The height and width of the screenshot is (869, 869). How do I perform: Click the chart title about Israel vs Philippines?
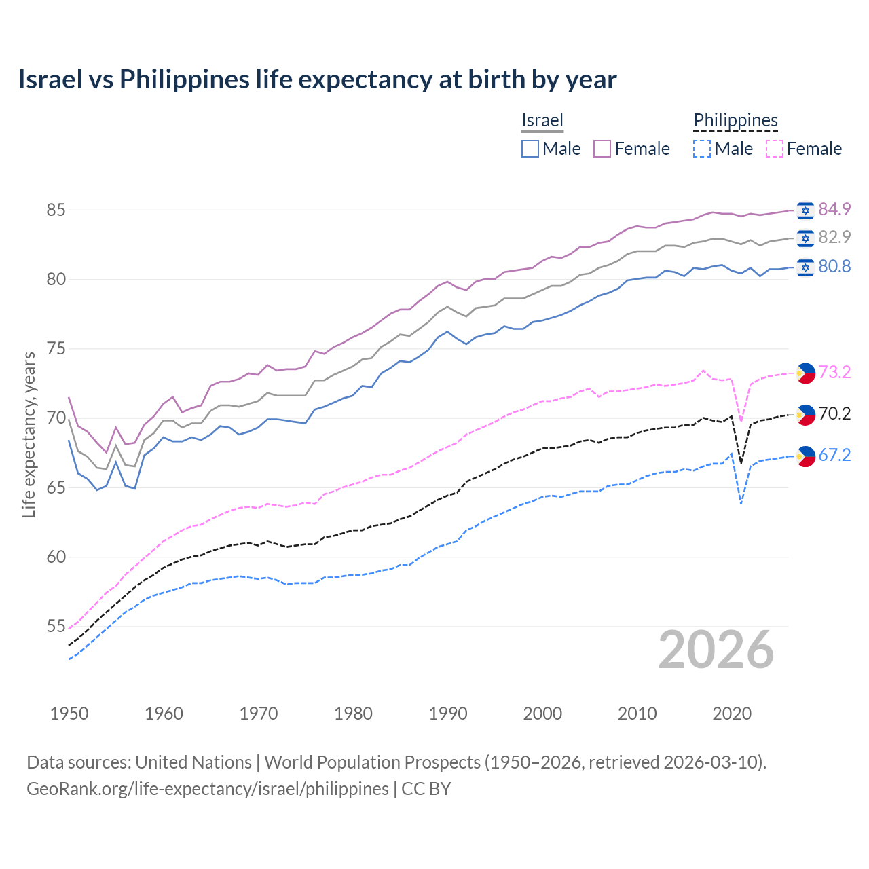pos(317,79)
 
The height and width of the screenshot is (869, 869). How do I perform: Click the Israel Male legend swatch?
pos(530,149)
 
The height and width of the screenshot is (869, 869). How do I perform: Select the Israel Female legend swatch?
pos(602,149)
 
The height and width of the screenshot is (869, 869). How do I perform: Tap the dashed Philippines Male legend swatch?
pos(702,149)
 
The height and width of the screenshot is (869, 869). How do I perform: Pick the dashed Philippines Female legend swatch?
pos(774,149)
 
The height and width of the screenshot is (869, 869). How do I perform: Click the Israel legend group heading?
pos(542,120)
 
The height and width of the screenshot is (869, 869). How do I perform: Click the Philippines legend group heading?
pos(735,120)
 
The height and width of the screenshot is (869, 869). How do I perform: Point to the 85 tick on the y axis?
pos(56,210)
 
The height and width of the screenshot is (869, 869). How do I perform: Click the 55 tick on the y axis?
pos(56,626)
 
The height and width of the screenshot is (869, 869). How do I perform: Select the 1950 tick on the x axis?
pos(69,714)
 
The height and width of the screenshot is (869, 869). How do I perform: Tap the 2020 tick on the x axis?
pos(732,714)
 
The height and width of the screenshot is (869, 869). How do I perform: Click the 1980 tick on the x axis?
pos(353,714)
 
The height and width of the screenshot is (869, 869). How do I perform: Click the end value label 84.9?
pos(834,209)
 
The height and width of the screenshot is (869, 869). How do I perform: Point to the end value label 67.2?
pos(834,455)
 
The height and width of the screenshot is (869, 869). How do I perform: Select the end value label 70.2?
pos(834,413)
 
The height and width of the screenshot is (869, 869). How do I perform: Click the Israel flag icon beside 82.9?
pos(805,238)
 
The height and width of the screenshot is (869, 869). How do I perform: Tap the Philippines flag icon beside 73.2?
pos(805,372)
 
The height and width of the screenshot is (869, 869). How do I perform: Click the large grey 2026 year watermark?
pos(716,650)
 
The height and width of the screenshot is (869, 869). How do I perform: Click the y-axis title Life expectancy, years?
pos(29,434)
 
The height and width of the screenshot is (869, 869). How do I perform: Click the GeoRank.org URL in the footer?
pos(208,789)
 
